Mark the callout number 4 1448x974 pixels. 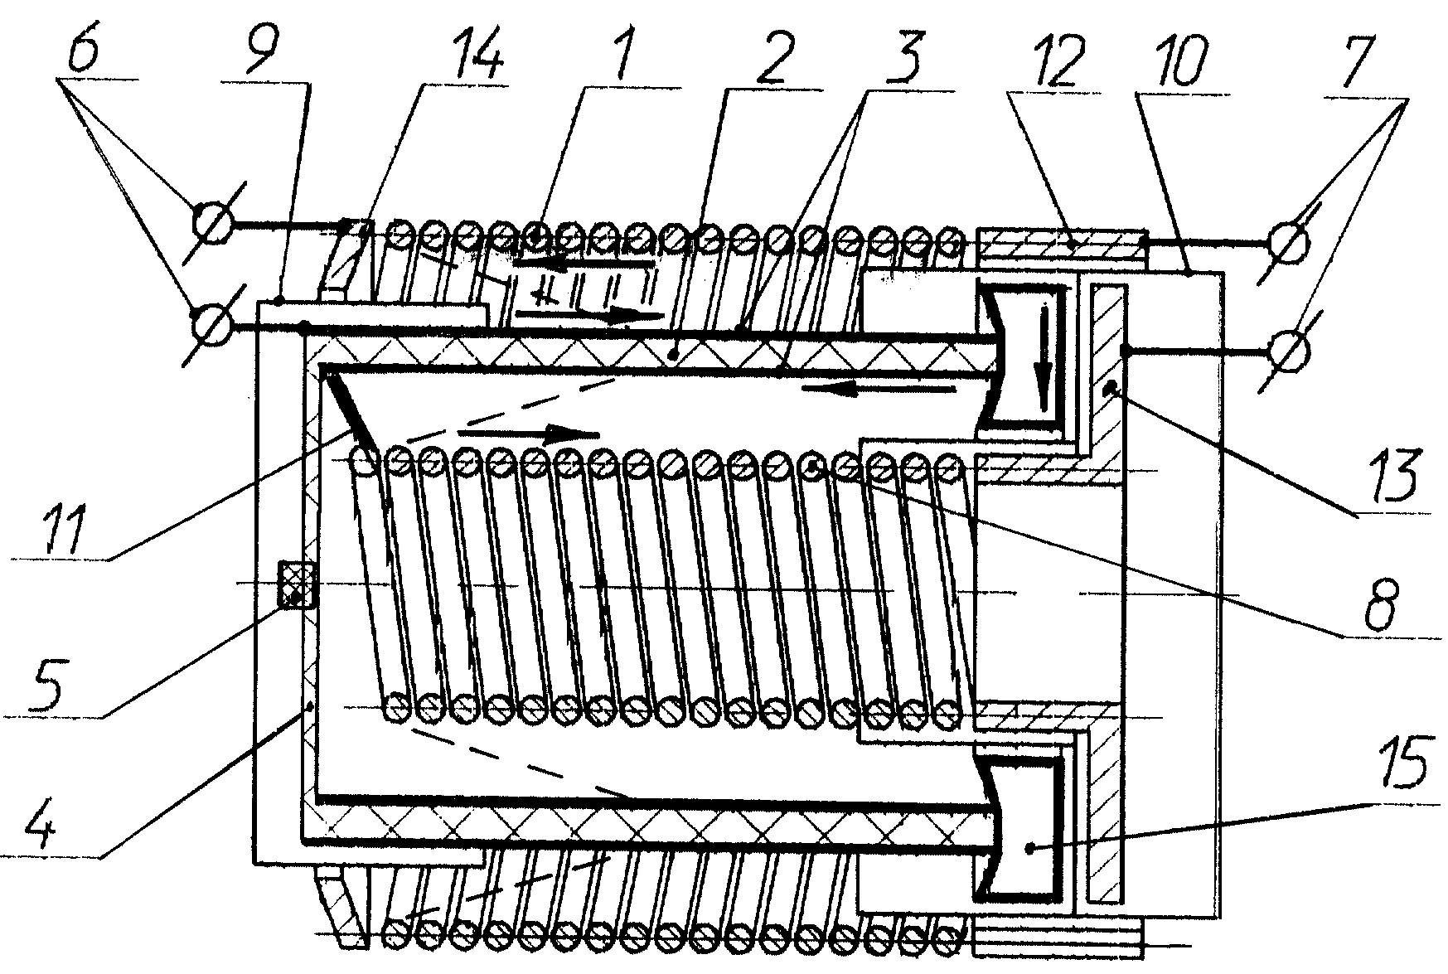click(37, 817)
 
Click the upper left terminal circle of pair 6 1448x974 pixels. click(212, 225)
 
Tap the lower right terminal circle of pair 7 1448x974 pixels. click(1289, 350)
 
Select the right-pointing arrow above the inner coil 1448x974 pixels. click(529, 433)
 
